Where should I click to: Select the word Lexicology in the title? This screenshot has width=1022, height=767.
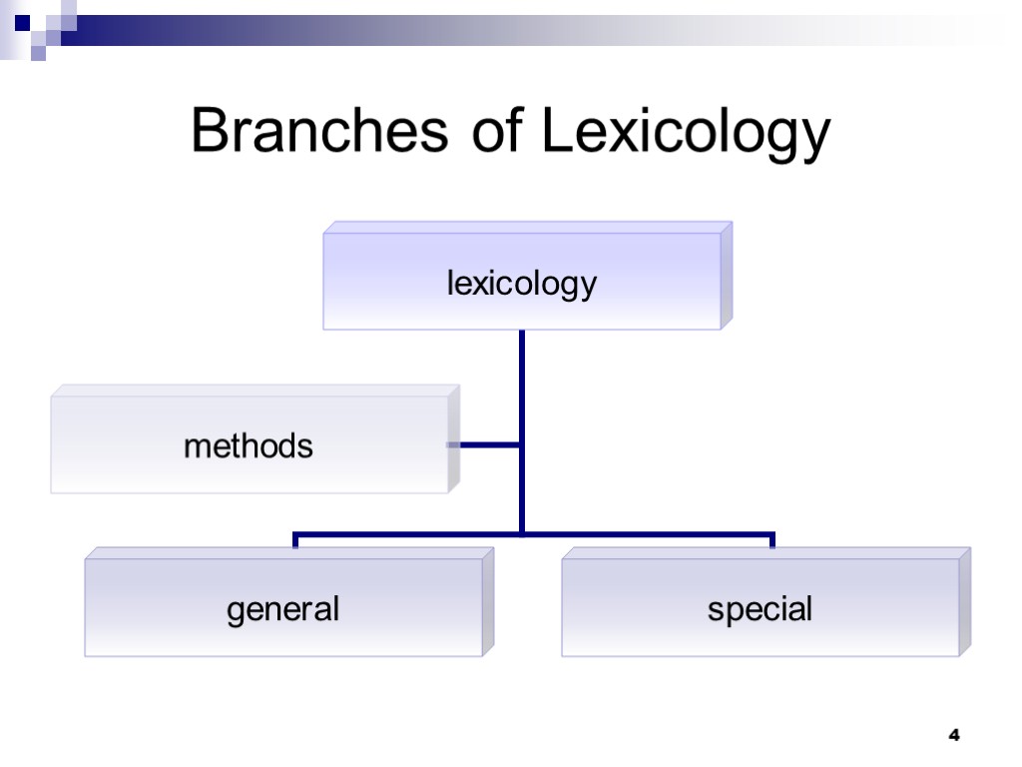686,133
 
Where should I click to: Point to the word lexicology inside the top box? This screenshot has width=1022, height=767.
522,285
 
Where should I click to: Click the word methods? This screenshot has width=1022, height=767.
249,445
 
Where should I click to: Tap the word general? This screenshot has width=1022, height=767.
283,609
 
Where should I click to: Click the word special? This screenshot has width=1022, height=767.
761,608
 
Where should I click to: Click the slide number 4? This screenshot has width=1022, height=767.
953,736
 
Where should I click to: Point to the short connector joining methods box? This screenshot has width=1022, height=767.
485,444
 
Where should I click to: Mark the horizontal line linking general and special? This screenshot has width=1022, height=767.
639,534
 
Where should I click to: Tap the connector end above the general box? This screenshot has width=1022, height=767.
295,542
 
